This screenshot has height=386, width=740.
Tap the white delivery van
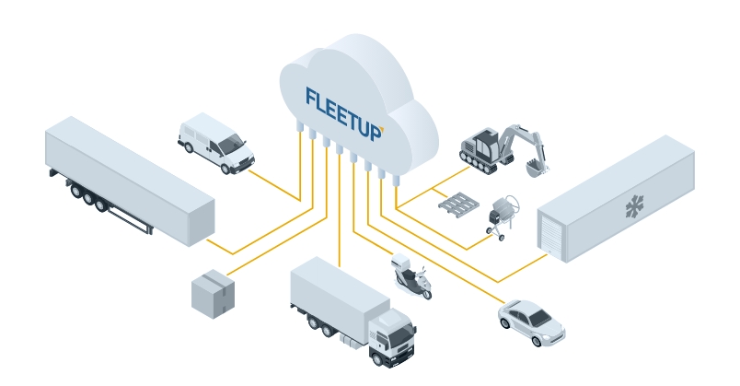[x=215, y=142]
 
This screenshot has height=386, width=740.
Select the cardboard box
[x=213, y=294]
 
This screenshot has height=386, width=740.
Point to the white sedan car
[x=531, y=322]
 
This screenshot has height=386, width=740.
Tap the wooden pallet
[x=460, y=205]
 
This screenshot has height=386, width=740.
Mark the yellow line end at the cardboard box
[x=230, y=272]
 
